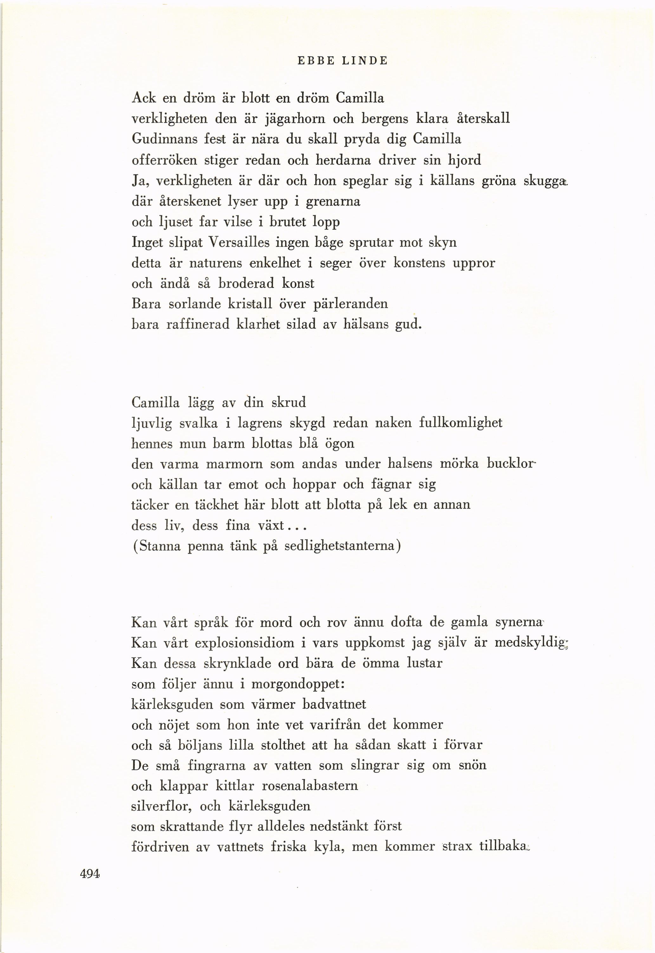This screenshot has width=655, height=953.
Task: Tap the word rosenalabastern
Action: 310,786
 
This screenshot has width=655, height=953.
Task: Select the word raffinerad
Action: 198,324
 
